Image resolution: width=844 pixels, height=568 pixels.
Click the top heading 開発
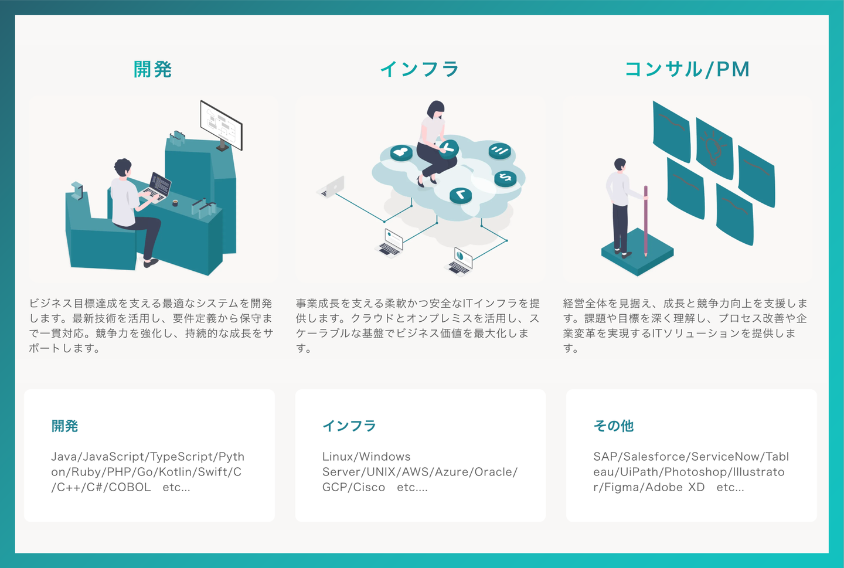152,69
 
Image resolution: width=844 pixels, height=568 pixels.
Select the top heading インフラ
420,69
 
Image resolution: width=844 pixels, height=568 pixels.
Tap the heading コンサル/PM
687,69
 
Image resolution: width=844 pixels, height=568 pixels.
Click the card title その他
614,426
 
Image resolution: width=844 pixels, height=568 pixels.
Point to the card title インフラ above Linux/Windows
349,426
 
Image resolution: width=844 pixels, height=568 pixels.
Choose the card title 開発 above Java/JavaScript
64,426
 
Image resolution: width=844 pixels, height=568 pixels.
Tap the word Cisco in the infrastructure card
370,487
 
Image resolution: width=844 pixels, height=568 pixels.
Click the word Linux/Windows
366,457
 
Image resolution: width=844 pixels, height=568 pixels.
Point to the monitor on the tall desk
221,124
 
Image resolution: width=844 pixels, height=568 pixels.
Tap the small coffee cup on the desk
175,203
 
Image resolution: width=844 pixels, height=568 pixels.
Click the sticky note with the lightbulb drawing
714,148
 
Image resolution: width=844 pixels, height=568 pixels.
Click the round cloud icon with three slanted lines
499,151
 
